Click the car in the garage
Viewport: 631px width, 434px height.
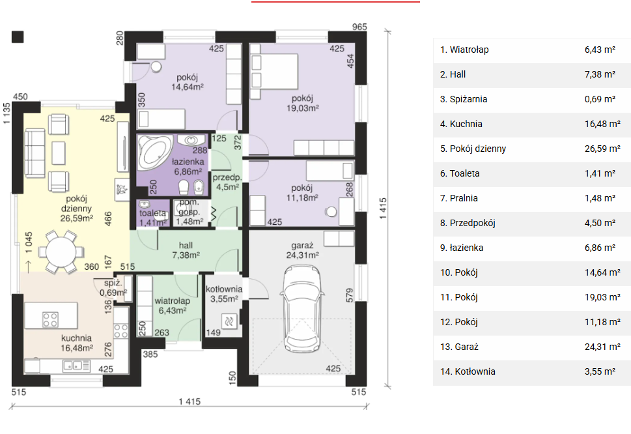pyautogui.click(x=303, y=308)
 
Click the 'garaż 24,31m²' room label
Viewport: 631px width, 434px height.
pyautogui.click(x=303, y=250)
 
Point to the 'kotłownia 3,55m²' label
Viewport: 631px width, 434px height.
pyautogui.click(x=224, y=294)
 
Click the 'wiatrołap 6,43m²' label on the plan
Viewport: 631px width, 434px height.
pyautogui.click(x=172, y=306)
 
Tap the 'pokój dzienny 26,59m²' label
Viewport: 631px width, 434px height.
pyautogui.click(x=76, y=208)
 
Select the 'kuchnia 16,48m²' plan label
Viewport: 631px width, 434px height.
pyautogui.click(x=76, y=343)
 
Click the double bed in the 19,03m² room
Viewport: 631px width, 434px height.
pyautogui.click(x=273, y=71)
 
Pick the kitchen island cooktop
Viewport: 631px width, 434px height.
pyautogui.click(x=50, y=320)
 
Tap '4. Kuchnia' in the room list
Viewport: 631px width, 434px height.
pyautogui.click(x=461, y=124)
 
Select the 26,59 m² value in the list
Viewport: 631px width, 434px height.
pyautogui.click(x=602, y=149)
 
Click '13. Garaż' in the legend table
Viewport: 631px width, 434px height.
pyautogui.click(x=459, y=347)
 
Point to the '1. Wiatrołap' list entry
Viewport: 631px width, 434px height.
pyautogui.click(x=464, y=50)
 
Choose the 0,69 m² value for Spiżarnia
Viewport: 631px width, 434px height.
pyautogui.click(x=600, y=99)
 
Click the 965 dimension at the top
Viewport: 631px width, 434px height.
pyautogui.click(x=359, y=27)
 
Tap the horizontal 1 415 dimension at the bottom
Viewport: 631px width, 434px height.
pyautogui.click(x=189, y=401)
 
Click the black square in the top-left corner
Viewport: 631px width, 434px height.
pyautogui.click(x=18, y=36)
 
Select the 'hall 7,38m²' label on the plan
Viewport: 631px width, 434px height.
pyautogui.click(x=186, y=250)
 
